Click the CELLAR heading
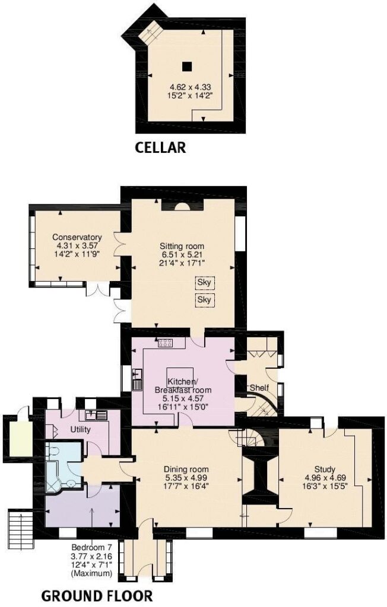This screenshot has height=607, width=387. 160,147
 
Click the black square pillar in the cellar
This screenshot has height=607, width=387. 187,66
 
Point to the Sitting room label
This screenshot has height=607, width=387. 182,246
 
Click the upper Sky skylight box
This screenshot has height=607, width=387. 204,283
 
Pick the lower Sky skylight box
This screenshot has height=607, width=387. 204,300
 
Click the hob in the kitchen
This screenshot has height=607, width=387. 165,343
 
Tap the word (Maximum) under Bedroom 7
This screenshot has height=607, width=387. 91,573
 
